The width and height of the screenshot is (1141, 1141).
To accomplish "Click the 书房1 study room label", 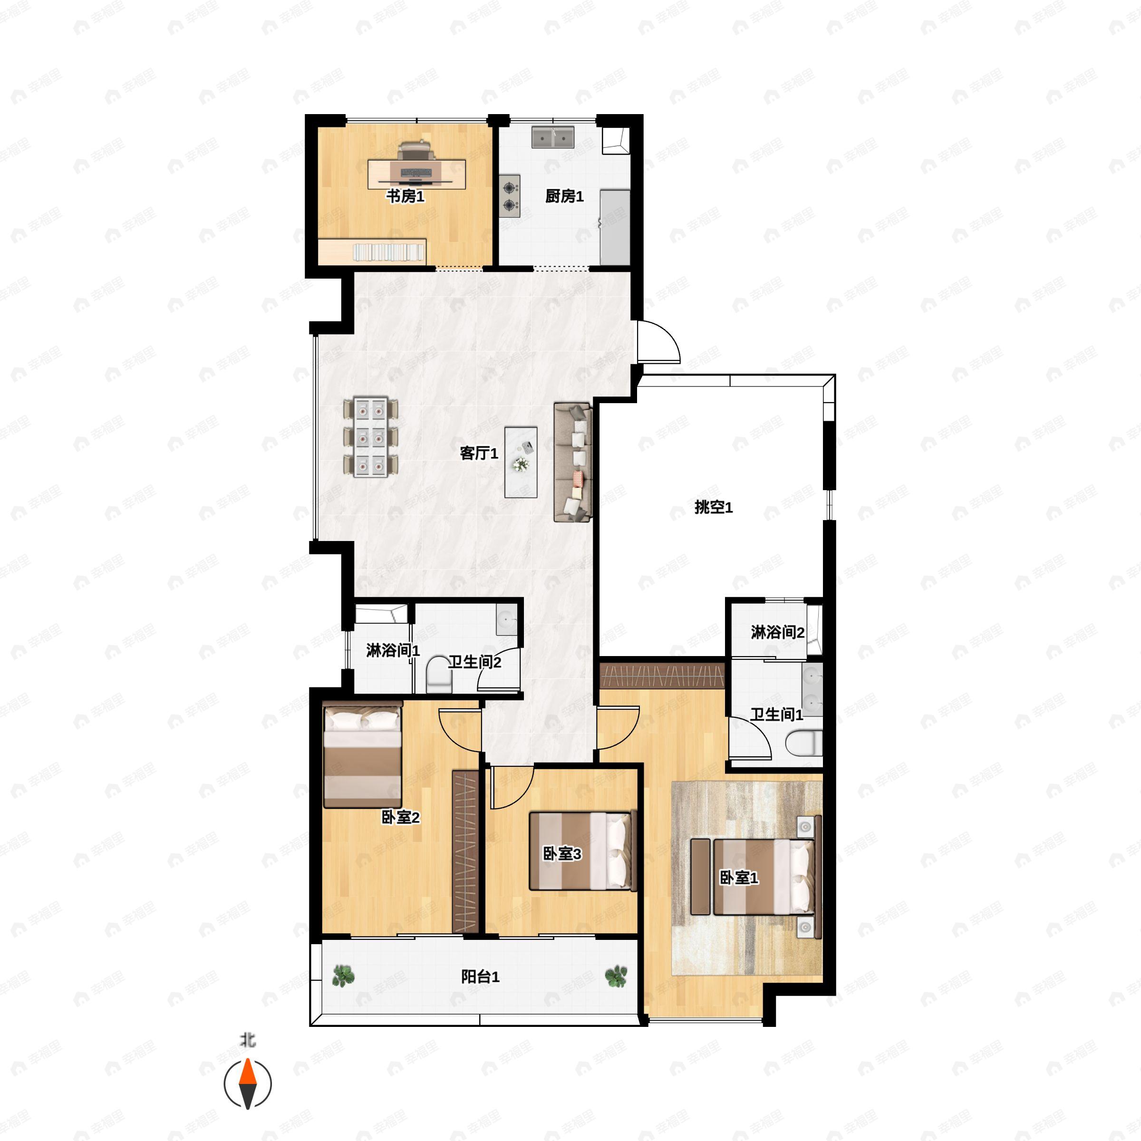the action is click(x=405, y=196).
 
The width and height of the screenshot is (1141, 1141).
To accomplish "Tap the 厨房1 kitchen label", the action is click(x=565, y=196).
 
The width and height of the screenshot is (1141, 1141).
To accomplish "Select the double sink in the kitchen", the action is click(x=553, y=137).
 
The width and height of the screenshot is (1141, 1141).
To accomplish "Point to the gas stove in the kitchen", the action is click(x=510, y=196).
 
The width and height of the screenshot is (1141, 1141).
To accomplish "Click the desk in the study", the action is click(x=416, y=174).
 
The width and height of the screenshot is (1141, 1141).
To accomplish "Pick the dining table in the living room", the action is click(x=371, y=437).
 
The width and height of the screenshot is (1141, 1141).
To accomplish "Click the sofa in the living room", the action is click(x=572, y=463).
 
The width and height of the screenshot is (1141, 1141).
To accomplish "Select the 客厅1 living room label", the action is click(x=479, y=453).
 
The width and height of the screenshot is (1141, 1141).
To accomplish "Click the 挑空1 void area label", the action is click(x=714, y=507).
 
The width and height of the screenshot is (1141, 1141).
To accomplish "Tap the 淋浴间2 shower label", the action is click(x=777, y=632).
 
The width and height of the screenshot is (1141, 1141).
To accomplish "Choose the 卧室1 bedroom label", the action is click(x=738, y=878).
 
